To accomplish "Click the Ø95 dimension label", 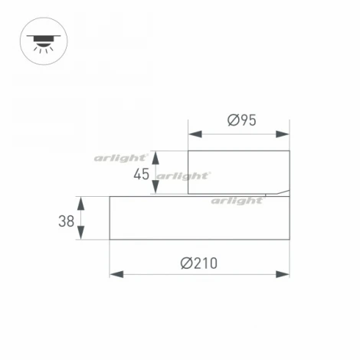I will coord(241,119).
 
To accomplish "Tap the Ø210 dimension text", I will coord(199,263).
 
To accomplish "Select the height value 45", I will coord(141,174).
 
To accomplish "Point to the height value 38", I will coord(66,221).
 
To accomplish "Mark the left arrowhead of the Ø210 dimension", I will coord(116,273).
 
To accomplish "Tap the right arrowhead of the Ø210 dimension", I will coord(284,273).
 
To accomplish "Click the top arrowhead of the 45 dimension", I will coord(156,155).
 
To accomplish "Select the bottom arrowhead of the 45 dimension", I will coord(156,190).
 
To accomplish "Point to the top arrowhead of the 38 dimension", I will coord(82,201).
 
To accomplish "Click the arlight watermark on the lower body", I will coord(237,201).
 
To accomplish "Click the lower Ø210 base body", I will coord(199,221).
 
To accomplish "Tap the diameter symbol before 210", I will coord(186,263).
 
